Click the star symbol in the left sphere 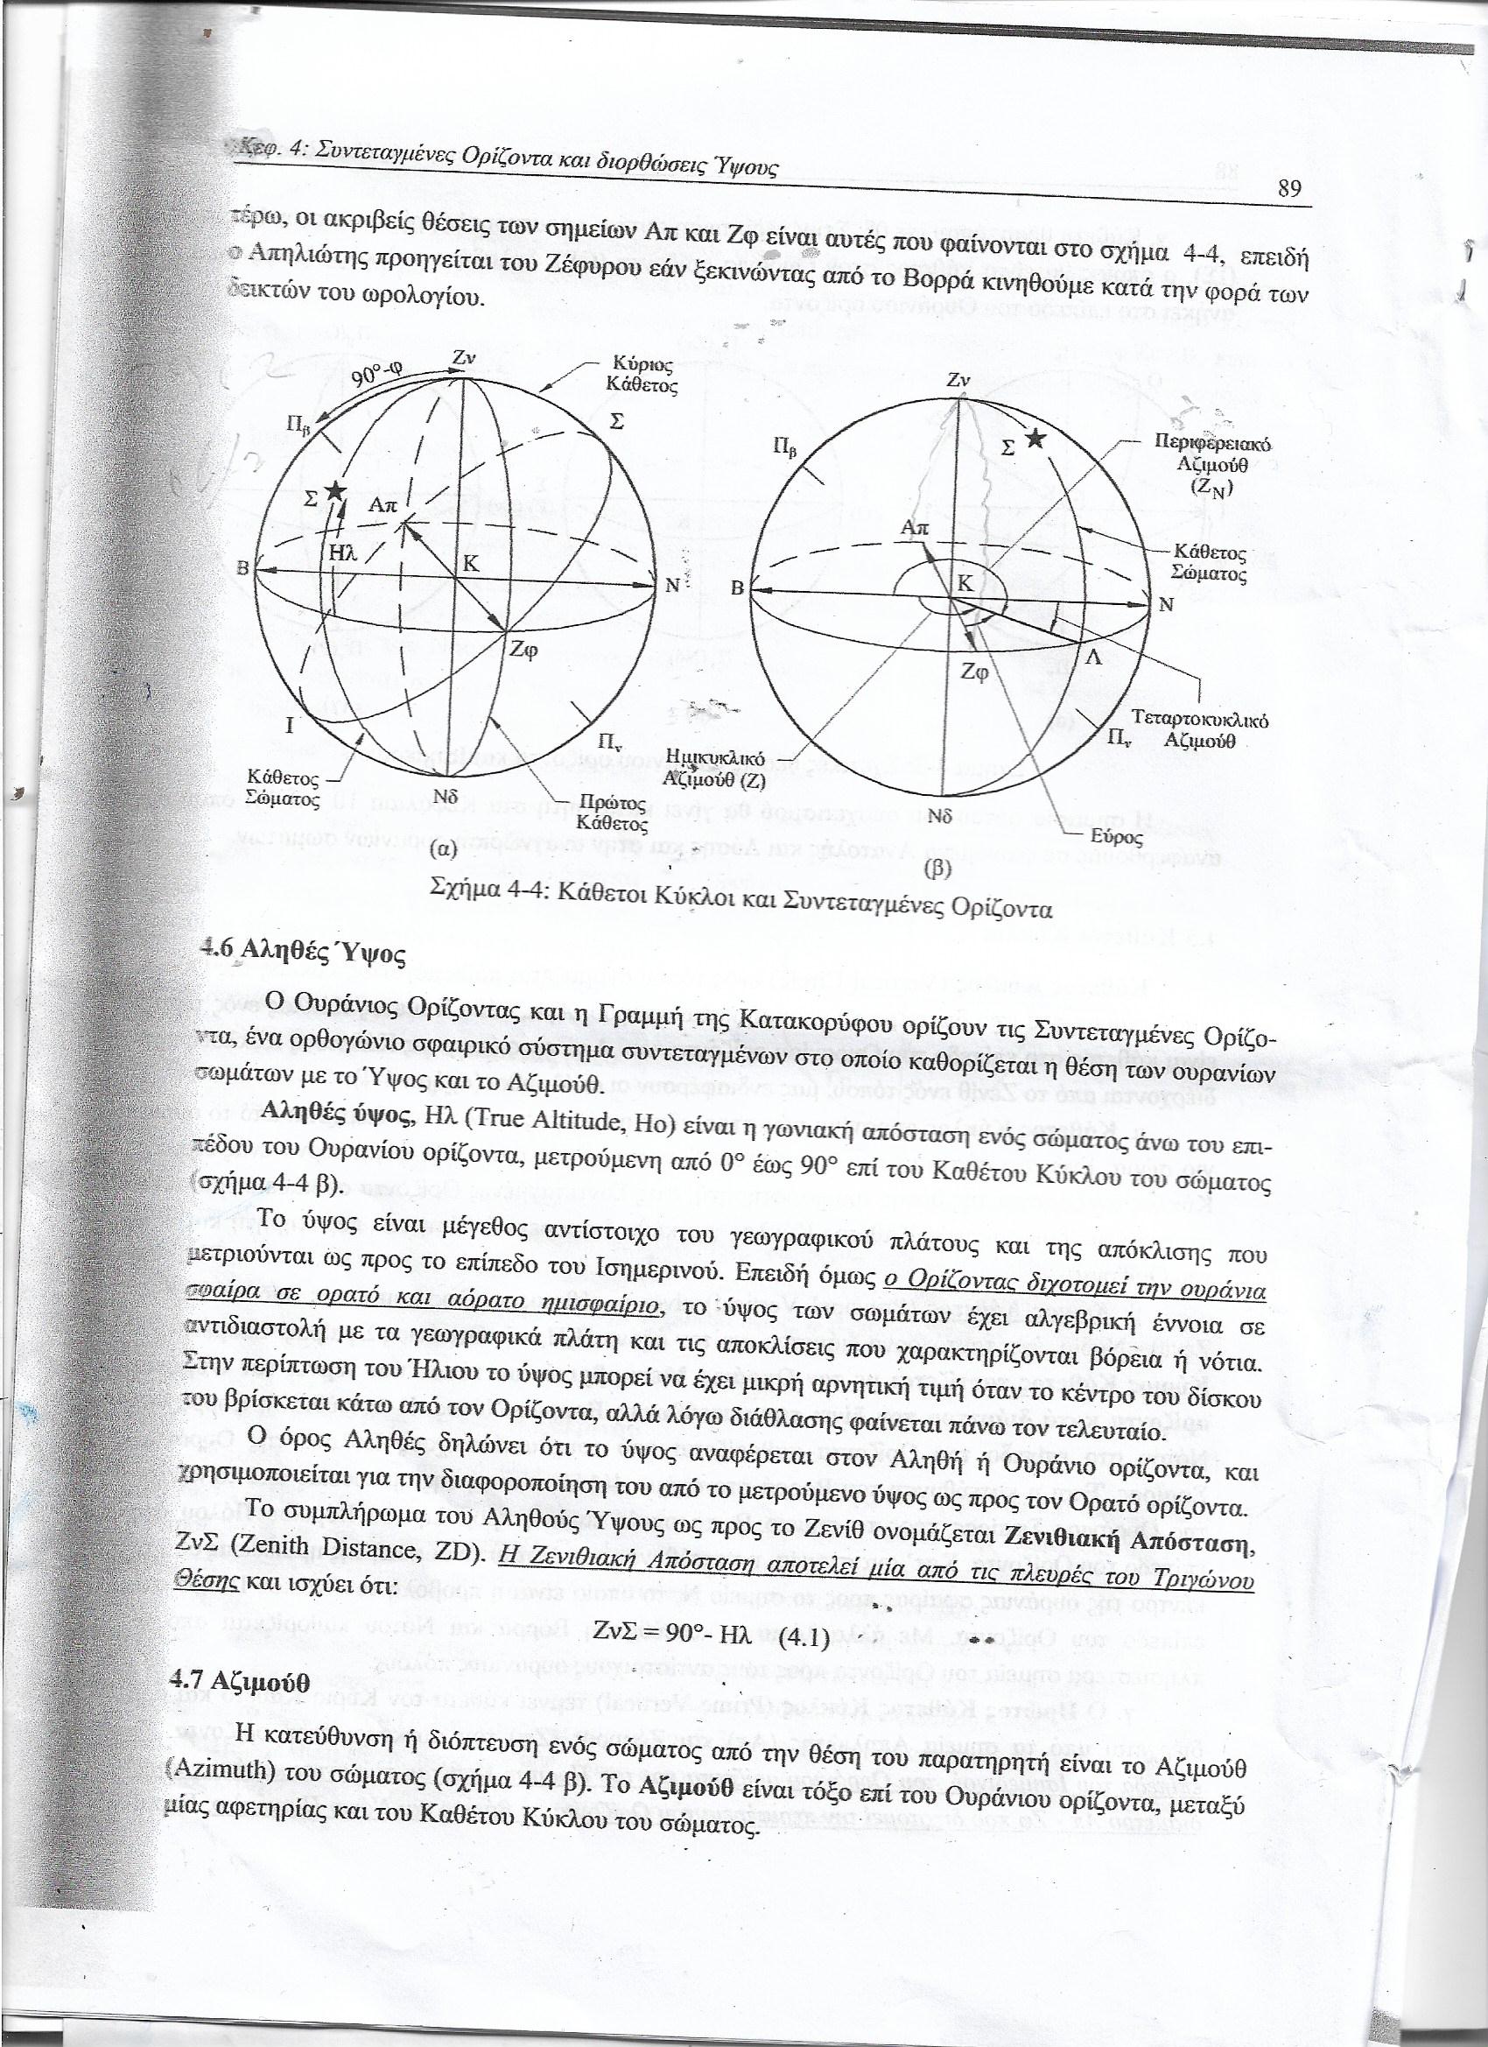(x=336, y=491)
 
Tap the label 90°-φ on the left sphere (x=380, y=371)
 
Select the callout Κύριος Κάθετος (x=642, y=375)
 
